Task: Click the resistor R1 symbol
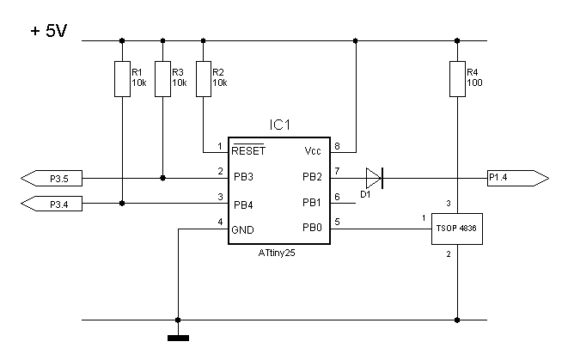click(x=122, y=79)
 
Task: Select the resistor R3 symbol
click(x=162, y=79)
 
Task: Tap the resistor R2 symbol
click(x=204, y=79)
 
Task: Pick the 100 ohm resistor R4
click(x=457, y=79)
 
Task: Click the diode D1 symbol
click(x=375, y=178)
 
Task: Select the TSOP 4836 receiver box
click(x=457, y=229)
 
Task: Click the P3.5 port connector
click(x=52, y=178)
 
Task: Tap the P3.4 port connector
click(x=52, y=204)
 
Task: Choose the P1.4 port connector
click(x=518, y=178)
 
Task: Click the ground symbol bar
click(x=178, y=339)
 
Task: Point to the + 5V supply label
click(x=49, y=31)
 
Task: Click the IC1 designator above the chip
click(x=279, y=125)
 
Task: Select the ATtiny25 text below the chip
click(x=277, y=253)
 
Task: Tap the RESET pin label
click(x=248, y=150)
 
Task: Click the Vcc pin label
click(x=313, y=150)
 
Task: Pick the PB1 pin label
click(x=312, y=203)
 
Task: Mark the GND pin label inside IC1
click(x=242, y=230)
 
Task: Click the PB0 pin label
click(x=312, y=228)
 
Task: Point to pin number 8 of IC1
click(x=337, y=146)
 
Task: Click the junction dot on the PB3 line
click(x=162, y=178)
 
